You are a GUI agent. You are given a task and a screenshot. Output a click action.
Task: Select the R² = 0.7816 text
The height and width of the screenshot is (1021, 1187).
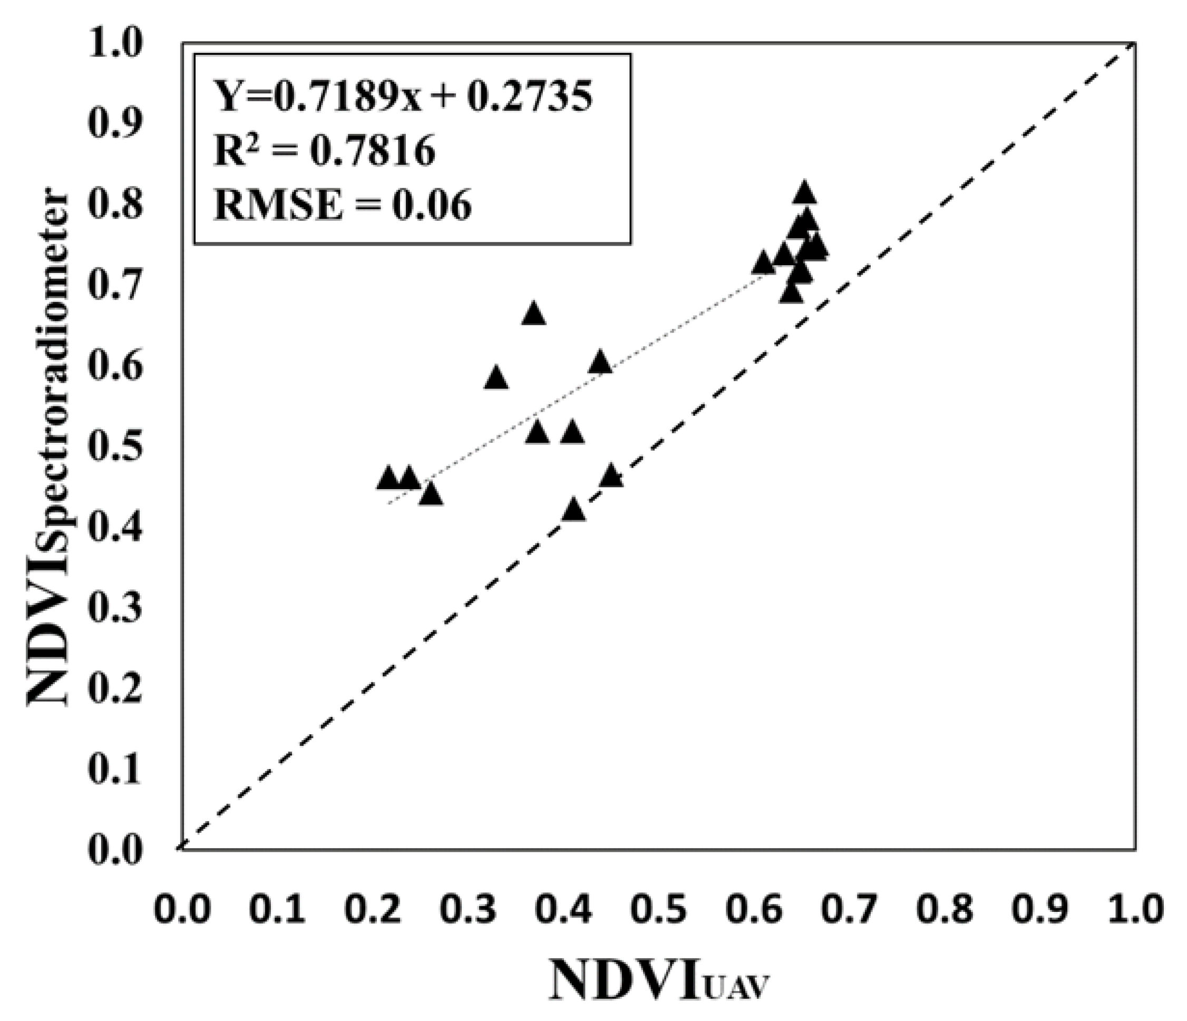point(324,151)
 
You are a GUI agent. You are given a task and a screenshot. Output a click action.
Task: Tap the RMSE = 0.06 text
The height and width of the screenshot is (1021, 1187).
point(343,205)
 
